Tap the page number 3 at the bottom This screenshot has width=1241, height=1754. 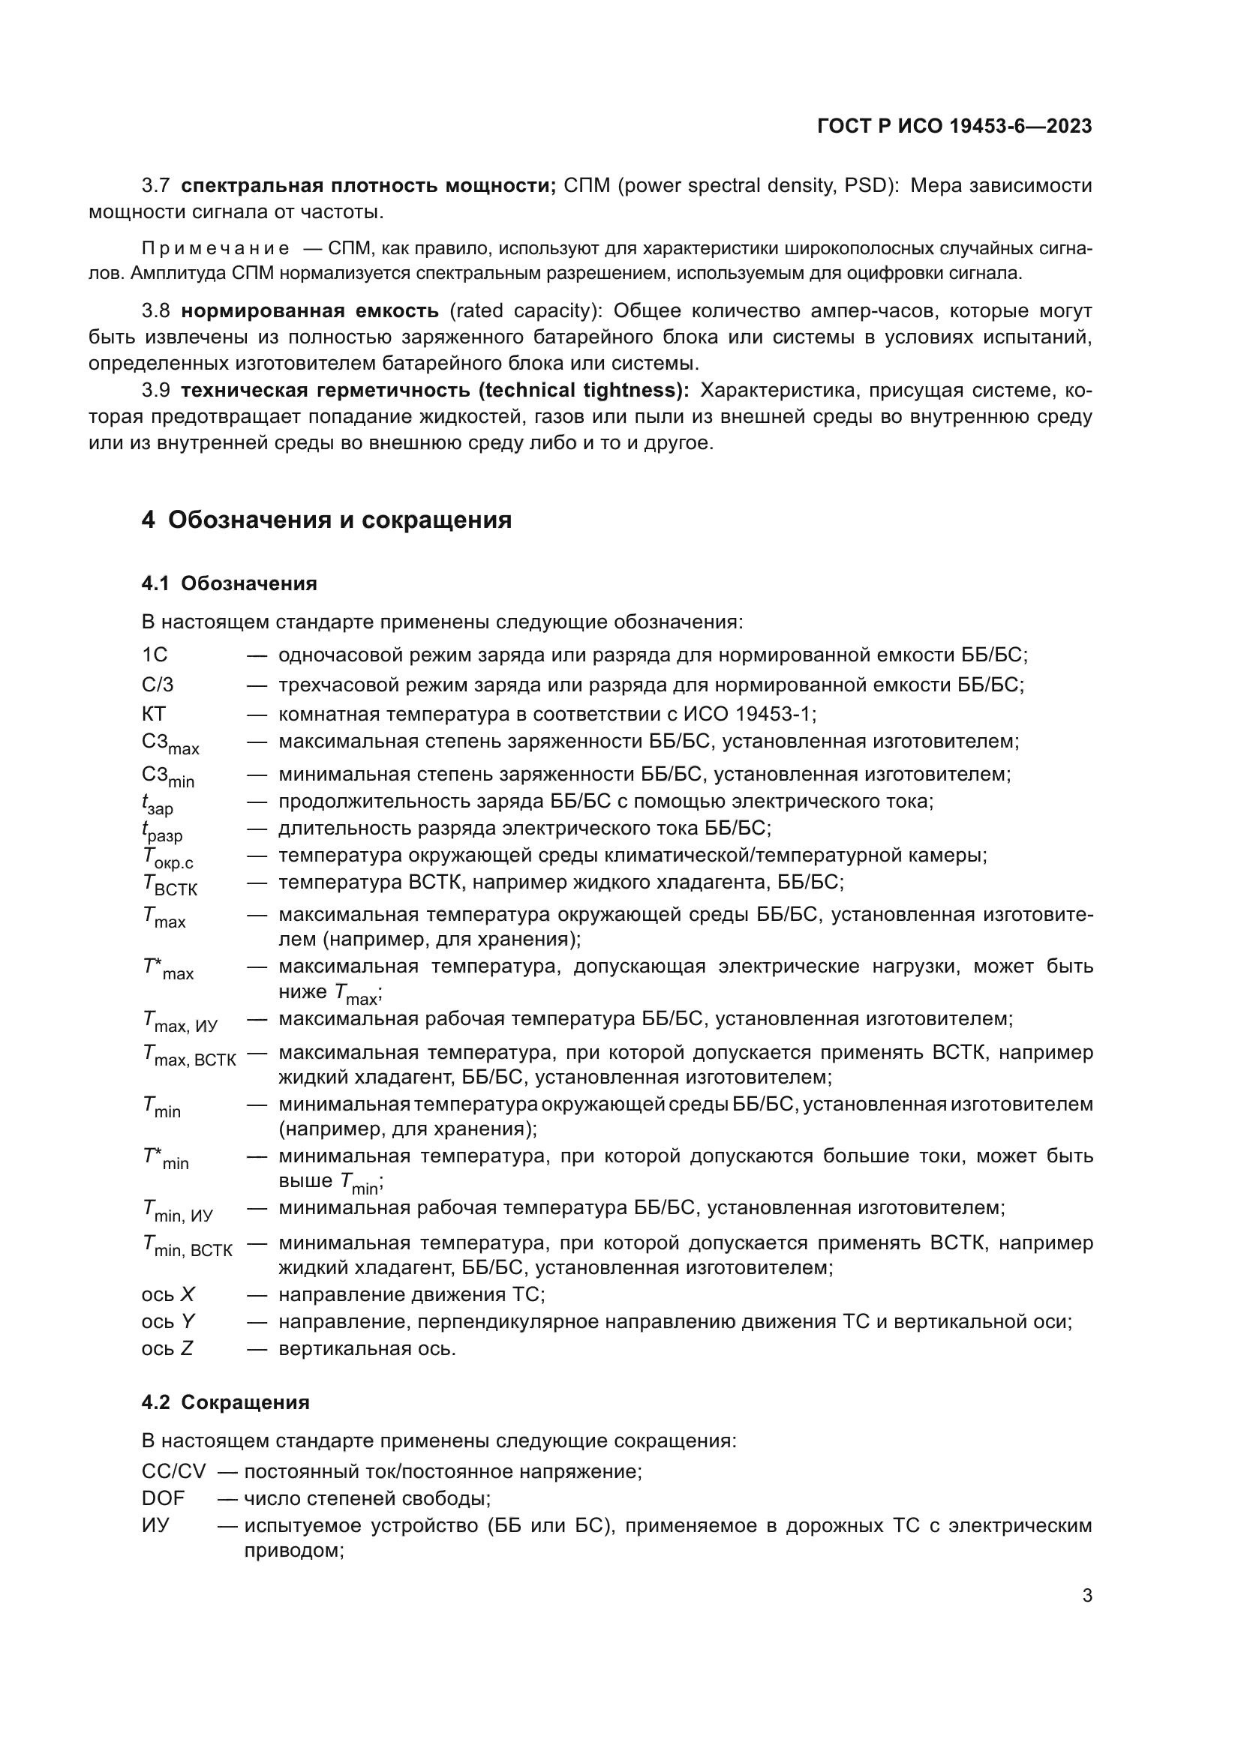1086,1595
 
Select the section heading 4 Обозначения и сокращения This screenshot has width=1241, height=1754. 326,520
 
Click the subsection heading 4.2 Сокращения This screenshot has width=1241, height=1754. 225,1402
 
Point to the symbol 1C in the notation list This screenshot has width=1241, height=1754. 155,655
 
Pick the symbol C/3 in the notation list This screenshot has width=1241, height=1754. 158,685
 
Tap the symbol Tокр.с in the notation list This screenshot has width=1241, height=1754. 167,858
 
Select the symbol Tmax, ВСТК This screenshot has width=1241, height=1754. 189,1056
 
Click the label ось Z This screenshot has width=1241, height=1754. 167,1348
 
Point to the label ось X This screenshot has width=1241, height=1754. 167,1294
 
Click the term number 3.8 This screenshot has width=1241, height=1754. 156,311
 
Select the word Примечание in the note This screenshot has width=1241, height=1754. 215,248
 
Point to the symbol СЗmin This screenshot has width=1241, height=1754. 167,776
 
